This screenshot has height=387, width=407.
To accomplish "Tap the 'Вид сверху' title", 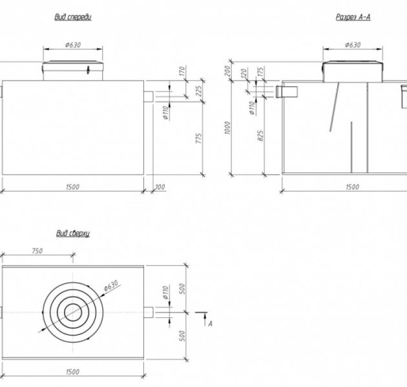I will click(72, 233).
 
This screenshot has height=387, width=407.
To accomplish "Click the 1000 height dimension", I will click(227, 126).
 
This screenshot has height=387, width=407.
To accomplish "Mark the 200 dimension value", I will click(227, 70).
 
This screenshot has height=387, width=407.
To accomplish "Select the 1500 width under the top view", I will click(72, 373).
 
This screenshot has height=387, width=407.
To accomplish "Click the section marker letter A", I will click(211, 324).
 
